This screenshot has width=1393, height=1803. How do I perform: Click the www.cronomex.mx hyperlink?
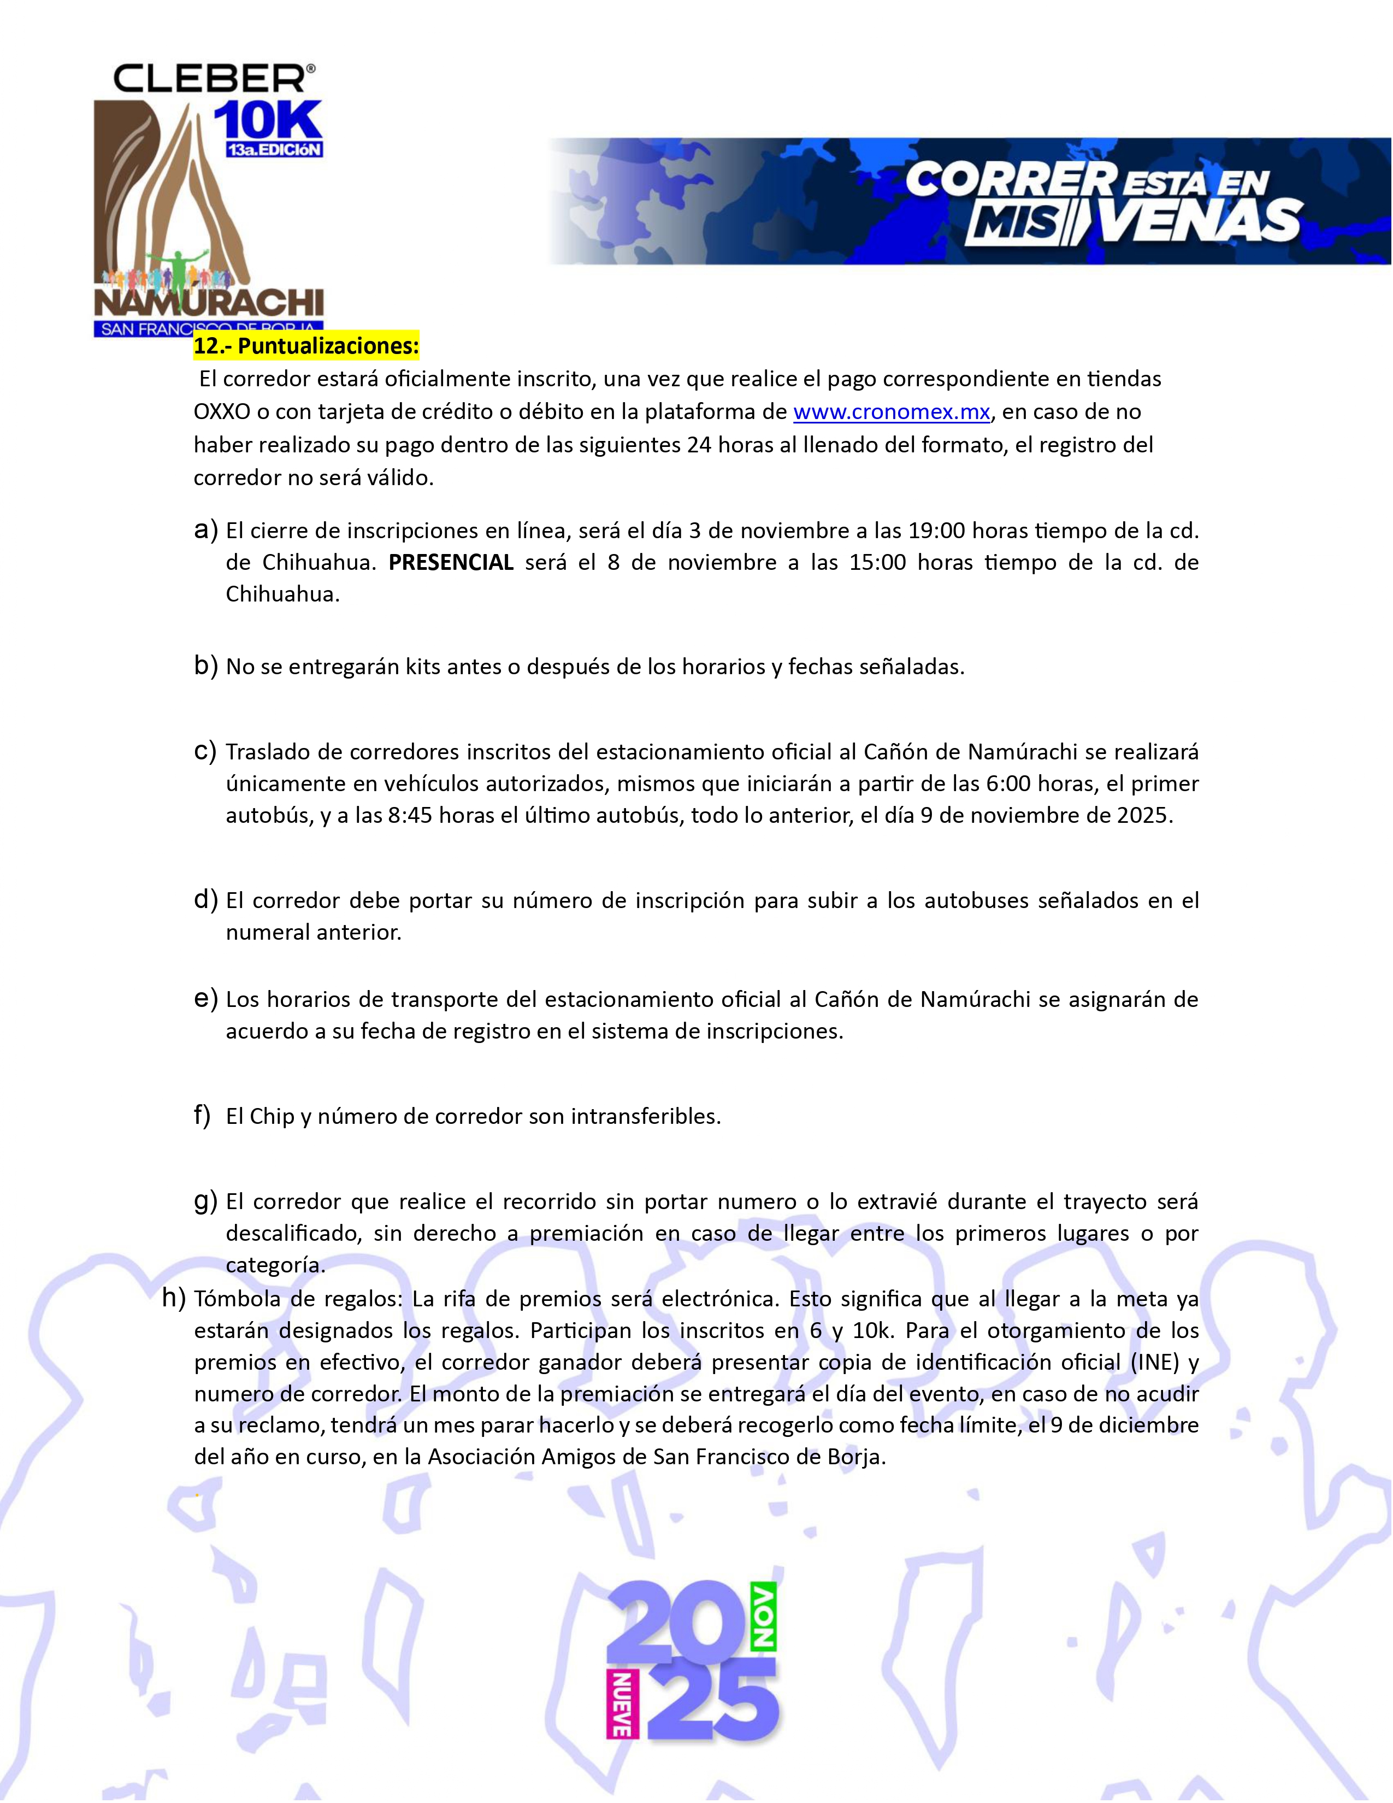[892, 412]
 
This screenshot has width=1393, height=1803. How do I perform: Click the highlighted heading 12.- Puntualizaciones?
[306, 346]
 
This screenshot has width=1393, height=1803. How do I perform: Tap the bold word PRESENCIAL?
[451, 562]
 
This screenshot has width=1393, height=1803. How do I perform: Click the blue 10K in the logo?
[267, 121]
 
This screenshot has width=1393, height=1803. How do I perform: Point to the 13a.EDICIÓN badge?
[275, 150]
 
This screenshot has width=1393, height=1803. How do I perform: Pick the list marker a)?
[205, 530]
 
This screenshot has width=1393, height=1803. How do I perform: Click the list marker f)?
[202, 1115]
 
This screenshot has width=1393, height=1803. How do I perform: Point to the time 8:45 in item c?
[410, 816]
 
